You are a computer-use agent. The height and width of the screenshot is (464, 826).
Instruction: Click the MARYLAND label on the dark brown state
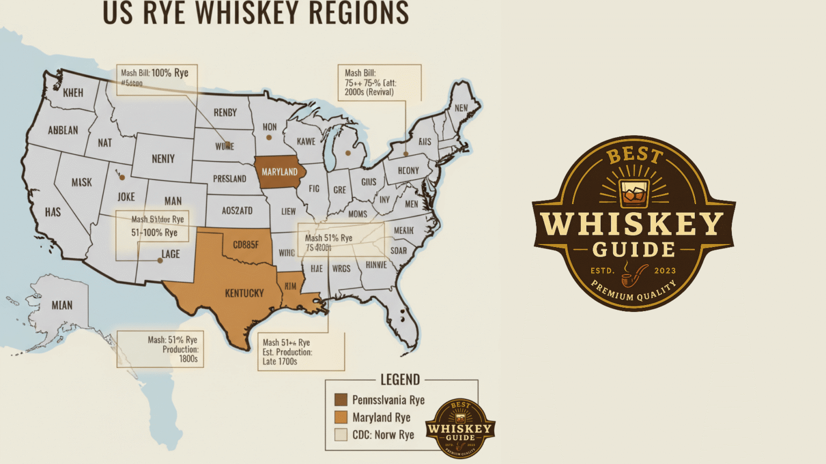click(279, 172)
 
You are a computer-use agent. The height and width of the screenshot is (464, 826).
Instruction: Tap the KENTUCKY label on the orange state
click(244, 293)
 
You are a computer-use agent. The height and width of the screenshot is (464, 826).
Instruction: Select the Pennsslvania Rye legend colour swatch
click(340, 400)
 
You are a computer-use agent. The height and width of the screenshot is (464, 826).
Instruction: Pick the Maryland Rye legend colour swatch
click(340, 417)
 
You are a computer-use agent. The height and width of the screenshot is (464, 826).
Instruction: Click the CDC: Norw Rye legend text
click(383, 435)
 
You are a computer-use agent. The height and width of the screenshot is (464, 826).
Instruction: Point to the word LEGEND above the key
click(400, 380)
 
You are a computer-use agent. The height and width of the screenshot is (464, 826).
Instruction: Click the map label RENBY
click(225, 113)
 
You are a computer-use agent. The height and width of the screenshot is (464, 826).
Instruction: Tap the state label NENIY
click(163, 159)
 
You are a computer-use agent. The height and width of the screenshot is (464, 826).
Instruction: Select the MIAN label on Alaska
click(62, 306)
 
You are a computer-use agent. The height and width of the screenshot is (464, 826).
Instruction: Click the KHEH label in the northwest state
click(73, 93)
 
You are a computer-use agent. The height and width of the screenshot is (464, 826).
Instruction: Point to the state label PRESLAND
click(229, 179)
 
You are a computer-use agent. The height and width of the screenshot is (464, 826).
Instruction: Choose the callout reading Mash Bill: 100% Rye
click(154, 73)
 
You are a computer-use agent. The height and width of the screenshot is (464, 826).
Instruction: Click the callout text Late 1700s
click(280, 362)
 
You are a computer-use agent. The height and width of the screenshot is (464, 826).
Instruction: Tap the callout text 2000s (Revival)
click(369, 92)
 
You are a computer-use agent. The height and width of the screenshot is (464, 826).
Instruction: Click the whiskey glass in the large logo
click(634, 193)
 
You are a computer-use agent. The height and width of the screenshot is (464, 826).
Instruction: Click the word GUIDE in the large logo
click(633, 250)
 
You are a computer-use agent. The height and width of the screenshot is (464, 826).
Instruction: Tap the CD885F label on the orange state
click(245, 245)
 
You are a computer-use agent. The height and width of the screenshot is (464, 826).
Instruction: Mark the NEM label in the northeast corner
click(461, 108)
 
